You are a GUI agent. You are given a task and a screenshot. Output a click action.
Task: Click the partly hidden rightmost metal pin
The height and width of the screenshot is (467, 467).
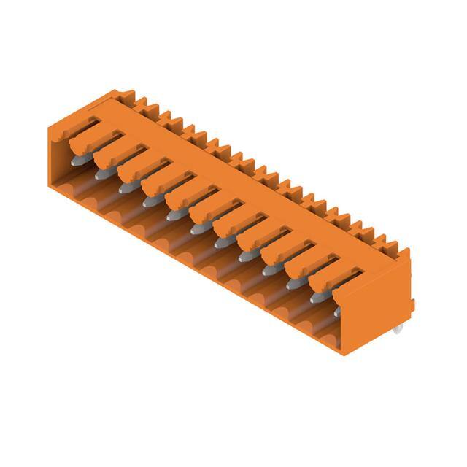click(338, 312)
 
